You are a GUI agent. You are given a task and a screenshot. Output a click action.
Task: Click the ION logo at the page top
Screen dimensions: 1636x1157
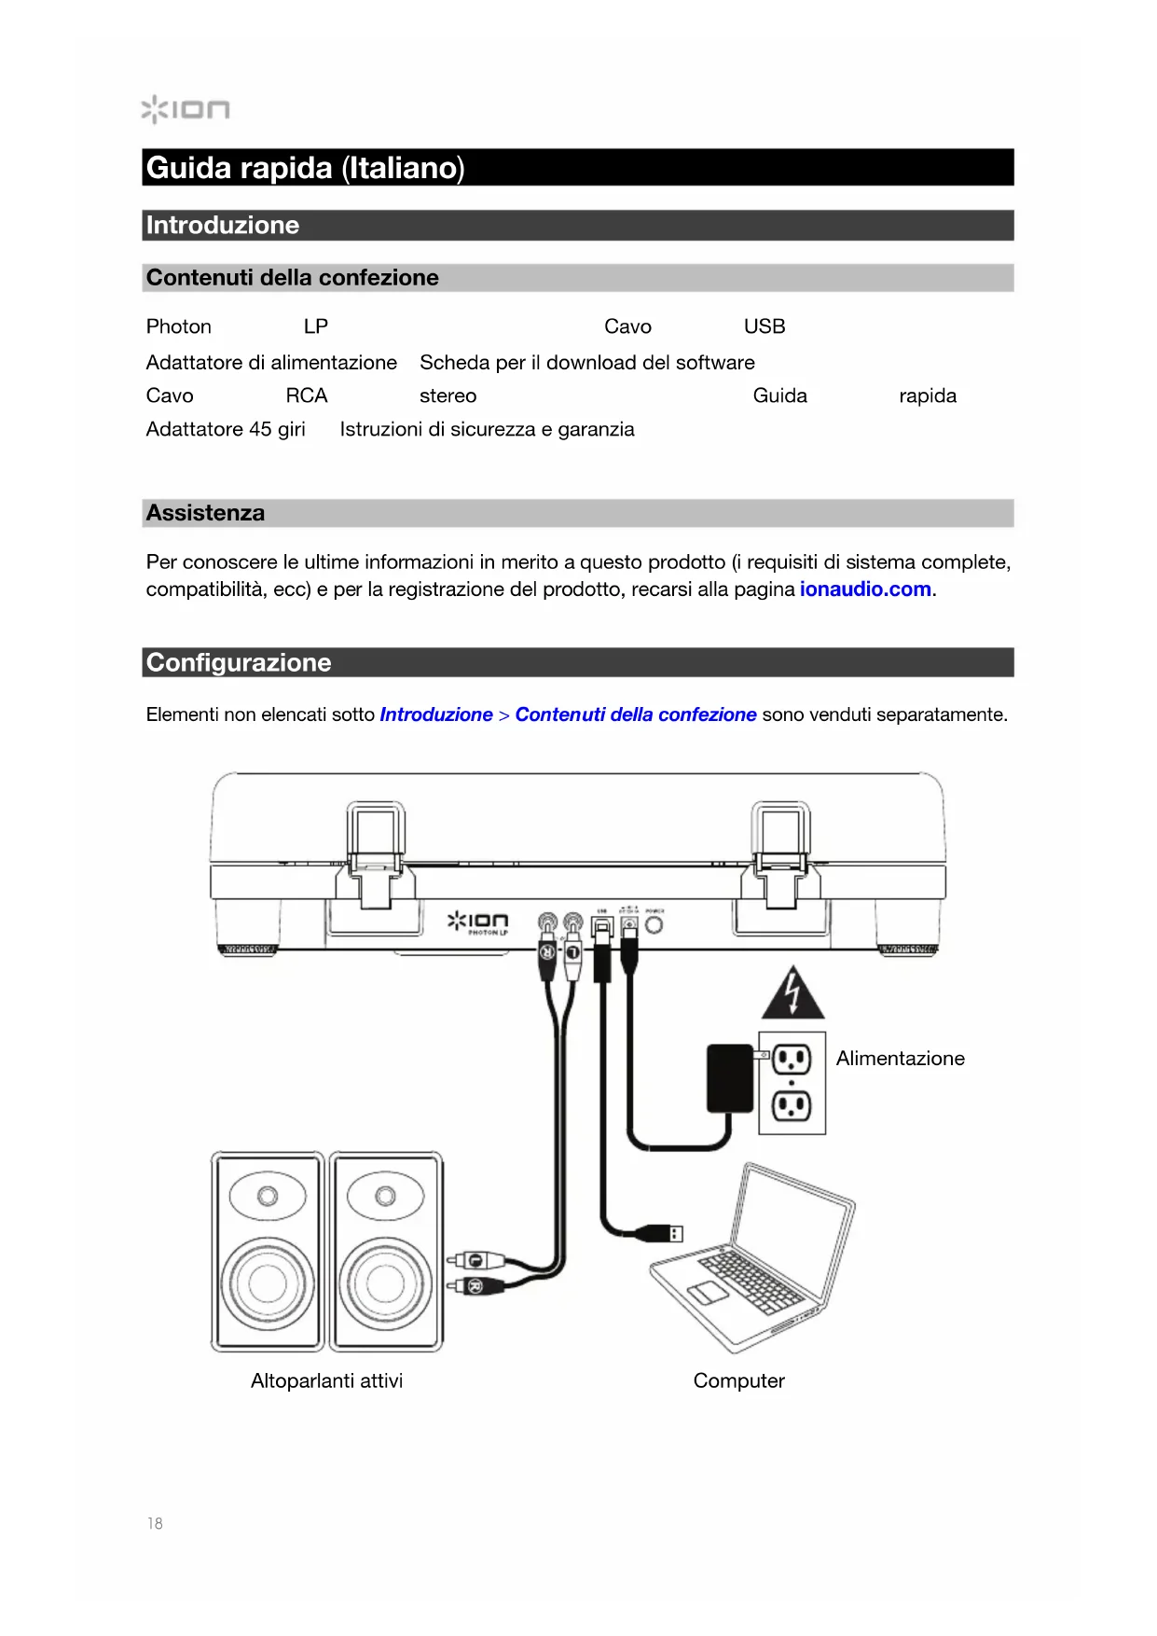point(186,109)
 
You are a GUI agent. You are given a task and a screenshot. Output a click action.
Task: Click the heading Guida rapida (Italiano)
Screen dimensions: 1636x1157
point(305,168)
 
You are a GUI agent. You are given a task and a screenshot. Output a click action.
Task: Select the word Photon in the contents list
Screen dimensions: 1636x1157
point(179,326)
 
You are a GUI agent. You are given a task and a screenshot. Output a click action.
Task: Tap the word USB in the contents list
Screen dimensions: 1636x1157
point(764,326)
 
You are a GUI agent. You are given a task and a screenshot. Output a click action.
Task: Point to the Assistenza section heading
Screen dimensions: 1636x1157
point(205,513)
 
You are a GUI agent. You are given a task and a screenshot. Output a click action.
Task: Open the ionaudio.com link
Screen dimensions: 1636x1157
point(865,589)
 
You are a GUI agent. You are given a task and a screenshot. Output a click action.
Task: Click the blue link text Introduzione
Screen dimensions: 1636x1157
point(436,714)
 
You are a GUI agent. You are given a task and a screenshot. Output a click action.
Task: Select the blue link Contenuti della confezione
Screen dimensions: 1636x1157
point(636,714)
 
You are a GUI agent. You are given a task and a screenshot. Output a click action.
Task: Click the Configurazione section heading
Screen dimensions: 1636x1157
point(239,662)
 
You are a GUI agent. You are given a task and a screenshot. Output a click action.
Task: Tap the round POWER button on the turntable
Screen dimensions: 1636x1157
point(654,925)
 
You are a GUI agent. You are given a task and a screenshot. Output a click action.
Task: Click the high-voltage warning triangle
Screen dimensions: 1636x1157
point(792,994)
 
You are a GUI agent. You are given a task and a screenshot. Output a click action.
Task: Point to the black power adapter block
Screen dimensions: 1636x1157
point(730,1078)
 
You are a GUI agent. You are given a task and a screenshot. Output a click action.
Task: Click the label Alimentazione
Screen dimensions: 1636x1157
point(900,1059)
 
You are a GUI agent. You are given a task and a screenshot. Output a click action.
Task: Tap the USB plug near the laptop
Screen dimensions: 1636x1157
point(664,1233)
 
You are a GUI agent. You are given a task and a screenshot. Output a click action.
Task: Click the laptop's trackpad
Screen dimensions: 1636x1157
point(709,1293)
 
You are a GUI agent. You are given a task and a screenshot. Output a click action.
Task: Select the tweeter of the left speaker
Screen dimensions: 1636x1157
point(268,1196)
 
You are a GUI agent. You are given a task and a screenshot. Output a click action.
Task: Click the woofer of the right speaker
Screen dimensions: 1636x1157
point(385,1283)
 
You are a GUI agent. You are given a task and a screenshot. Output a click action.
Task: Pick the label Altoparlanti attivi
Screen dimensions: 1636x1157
point(326,1380)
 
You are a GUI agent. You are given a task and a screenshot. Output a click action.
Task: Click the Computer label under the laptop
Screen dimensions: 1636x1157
point(738,1380)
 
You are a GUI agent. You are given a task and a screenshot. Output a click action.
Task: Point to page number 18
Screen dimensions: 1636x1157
point(155,1524)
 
